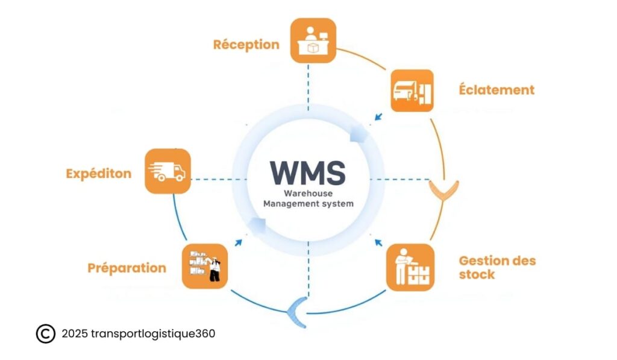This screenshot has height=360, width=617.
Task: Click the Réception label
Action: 246,45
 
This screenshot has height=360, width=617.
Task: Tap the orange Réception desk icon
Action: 312,40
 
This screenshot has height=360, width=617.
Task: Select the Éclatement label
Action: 496,90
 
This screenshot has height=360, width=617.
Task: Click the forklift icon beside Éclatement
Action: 412,90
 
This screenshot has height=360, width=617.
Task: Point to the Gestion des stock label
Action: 496,268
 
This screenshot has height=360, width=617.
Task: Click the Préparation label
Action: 127,268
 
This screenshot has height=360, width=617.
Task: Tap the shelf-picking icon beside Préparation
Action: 205,266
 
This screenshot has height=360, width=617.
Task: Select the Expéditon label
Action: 98,174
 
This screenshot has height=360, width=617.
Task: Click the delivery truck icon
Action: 168,171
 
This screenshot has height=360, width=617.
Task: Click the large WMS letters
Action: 307,172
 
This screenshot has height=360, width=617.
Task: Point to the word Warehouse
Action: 308,194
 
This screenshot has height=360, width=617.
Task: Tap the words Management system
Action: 308,204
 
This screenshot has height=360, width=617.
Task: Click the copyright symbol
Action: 45,333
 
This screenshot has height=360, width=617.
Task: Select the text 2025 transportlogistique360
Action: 138,333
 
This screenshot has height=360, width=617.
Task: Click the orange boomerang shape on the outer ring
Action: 444,192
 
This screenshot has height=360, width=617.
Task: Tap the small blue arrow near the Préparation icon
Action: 239,242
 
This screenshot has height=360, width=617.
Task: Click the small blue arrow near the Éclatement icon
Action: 378,117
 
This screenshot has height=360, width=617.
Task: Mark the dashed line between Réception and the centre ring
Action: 308,87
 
